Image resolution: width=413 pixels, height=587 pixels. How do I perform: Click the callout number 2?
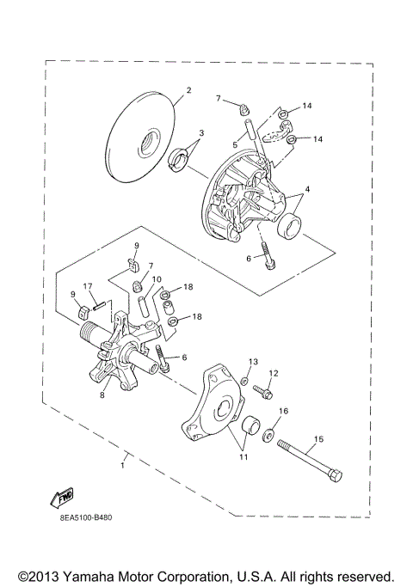pyautogui.click(x=188, y=90)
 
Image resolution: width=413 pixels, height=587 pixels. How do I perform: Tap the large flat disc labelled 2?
pyautogui.click(x=140, y=138)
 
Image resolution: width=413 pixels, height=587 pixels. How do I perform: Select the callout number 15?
pyautogui.click(x=317, y=439)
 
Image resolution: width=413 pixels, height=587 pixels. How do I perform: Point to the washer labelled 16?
pyautogui.click(x=270, y=434)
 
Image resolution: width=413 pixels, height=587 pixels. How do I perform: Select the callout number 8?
pyautogui.click(x=102, y=395)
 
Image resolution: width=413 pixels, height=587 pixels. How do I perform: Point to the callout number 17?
pyautogui.click(x=87, y=286)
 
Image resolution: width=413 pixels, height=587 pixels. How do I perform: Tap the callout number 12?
pyautogui.click(x=274, y=373)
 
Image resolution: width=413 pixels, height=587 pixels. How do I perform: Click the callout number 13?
pyautogui.click(x=253, y=362)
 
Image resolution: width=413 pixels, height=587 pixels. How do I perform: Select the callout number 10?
pyautogui.click(x=157, y=279)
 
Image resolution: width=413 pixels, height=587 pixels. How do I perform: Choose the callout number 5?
pyautogui.click(x=234, y=144)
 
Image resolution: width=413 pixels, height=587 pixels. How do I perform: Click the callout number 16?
pyautogui.click(x=283, y=412)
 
